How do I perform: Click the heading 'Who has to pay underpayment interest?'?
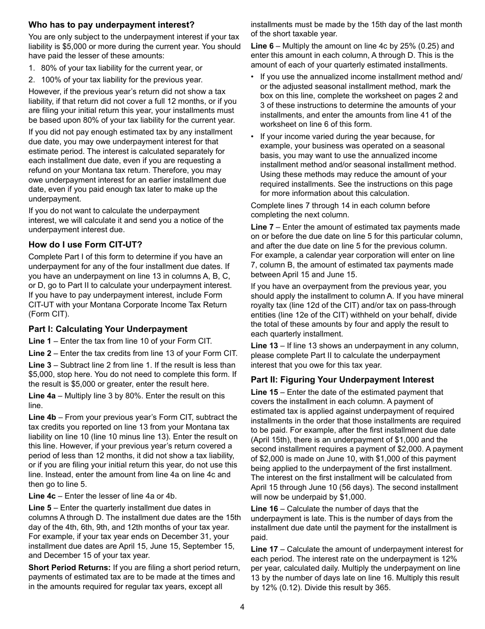click(x=111, y=25)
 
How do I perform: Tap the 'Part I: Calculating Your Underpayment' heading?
click(x=108, y=329)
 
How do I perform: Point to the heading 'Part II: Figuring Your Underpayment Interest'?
click(x=342, y=379)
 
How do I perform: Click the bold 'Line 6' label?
click(x=262, y=46)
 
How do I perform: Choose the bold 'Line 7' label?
click(x=262, y=227)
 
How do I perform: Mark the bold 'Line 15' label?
click(x=264, y=392)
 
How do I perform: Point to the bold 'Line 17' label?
click(x=264, y=549)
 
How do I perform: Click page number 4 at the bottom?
click(x=243, y=607)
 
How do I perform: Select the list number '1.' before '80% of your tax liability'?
click(x=32, y=68)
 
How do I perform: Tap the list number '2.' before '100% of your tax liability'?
click(x=32, y=80)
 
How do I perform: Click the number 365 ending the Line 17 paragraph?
click(x=382, y=588)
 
